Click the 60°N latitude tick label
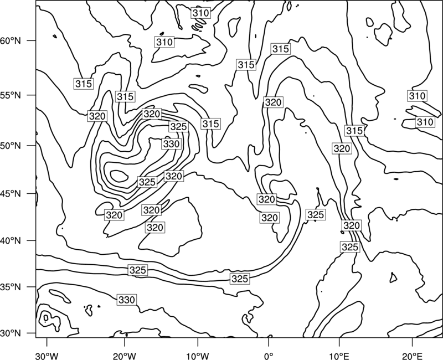[x=11, y=40]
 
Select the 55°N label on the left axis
[x=11, y=95]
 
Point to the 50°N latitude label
[x=11, y=146]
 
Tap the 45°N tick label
[x=11, y=193]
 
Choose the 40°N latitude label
[x=11, y=240]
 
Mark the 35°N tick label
[x=11, y=287]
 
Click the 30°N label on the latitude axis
[x=11, y=333]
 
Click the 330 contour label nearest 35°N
[x=127, y=300]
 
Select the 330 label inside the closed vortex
[x=171, y=144]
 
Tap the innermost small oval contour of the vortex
[x=119, y=176]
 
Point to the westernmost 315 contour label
[x=84, y=84]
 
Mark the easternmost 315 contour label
[x=354, y=131]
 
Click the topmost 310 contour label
[x=200, y=13]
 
